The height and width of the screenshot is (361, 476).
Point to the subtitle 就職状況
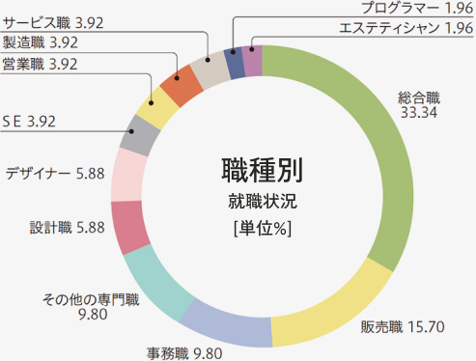(x=262, y=204)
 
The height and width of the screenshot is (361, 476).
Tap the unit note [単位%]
(x=262, y=229)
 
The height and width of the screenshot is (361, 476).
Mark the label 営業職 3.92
(x=41, y=64)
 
